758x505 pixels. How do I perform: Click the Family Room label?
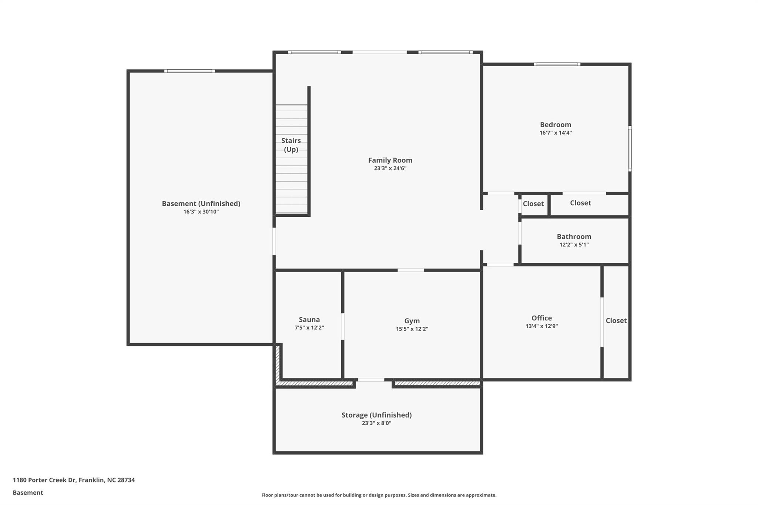tap(390, 160)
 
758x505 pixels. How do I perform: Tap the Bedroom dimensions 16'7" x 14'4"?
tap(556, 133)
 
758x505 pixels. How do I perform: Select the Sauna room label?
tap(309, 320)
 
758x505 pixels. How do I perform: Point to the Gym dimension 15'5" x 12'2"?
tap(412, 329)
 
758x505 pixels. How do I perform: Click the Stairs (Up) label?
tap(291, 145)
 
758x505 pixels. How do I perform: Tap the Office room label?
tap(541, 318)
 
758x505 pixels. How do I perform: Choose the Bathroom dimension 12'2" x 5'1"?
tap(574, 245)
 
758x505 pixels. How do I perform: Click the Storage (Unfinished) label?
tap(376, 415)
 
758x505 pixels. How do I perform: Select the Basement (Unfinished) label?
tap(201, 203)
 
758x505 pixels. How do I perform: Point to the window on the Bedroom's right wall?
tap(630, 148)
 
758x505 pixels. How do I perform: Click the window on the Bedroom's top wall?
tap(557, 64)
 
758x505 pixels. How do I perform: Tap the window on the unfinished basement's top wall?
tap(189, 71)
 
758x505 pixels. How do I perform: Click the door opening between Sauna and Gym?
tap(343, 326)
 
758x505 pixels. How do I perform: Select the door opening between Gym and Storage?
tap(371, 380)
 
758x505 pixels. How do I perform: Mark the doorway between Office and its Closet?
tap(602, 322)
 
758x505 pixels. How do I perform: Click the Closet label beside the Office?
tap(616, 321)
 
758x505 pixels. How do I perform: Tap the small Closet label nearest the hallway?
tap(533, 204)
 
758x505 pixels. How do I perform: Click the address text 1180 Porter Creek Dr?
tap(44, 480)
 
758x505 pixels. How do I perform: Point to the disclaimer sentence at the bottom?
tap(379, 495)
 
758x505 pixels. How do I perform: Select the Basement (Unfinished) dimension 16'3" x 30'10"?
tap(201, 212)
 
